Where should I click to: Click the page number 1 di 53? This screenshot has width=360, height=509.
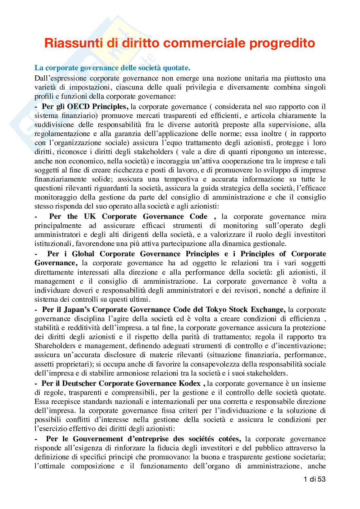pyautogui.click(x=315, y=479)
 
